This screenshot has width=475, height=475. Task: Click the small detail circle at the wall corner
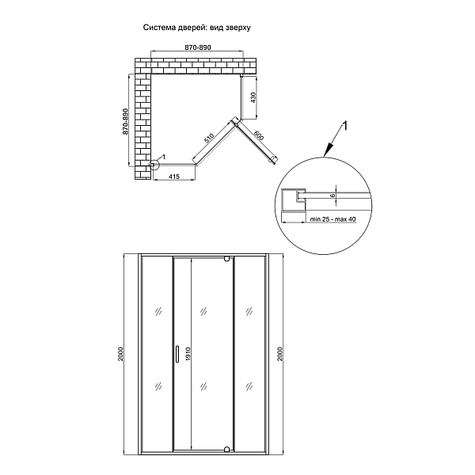click(x=154, y=165)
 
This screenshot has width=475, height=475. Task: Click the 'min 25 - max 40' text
click(x=333, y=218)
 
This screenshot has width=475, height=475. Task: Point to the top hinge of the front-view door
click(x=227, y=259)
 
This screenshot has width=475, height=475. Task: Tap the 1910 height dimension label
click(x=187, y=353)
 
